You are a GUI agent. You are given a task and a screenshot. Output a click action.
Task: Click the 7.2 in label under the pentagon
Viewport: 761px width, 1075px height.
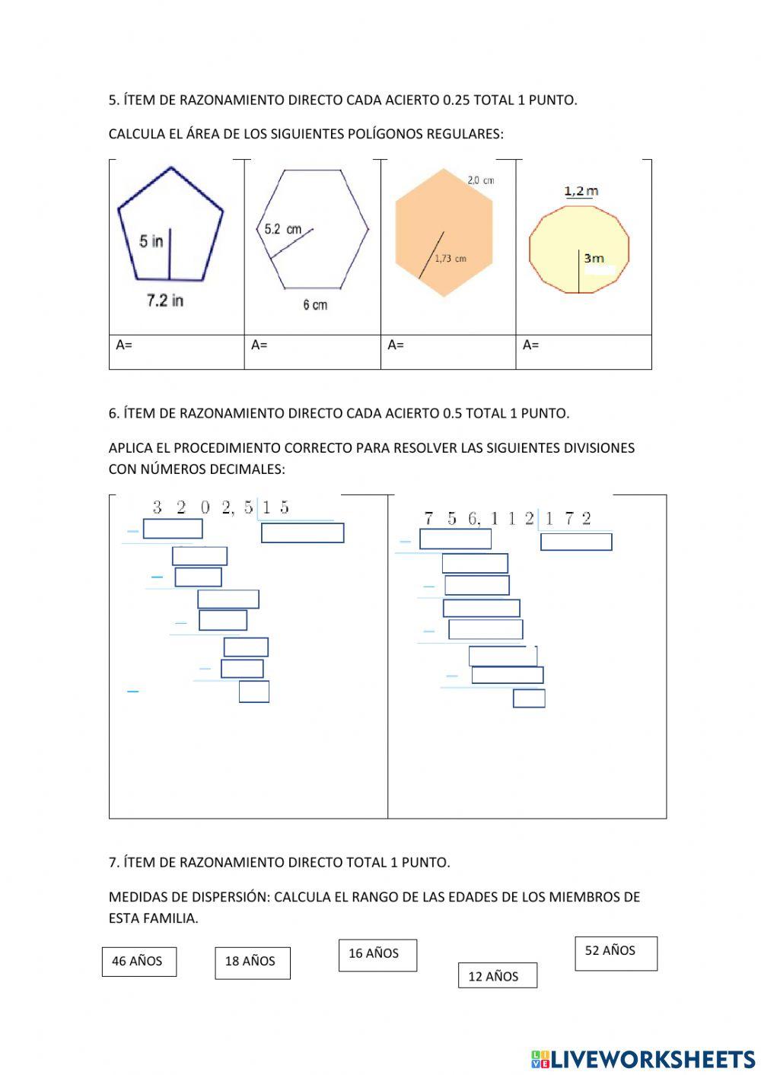tap(165, 301)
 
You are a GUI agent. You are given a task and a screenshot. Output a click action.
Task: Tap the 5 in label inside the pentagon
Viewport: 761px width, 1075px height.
tap(151, 241)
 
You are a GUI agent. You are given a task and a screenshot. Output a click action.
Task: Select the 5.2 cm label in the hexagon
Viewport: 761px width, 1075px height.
tap(282, 229)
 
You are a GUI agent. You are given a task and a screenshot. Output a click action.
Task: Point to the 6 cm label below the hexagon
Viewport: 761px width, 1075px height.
tap(314, 305)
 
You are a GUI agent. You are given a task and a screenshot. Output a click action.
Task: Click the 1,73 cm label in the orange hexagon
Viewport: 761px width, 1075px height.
tap(451, 259)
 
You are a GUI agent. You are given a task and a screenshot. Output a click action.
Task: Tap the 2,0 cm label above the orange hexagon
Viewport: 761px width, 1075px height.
tap(480, 180)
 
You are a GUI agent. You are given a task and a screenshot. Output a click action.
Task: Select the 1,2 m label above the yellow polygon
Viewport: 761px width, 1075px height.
tap(581, 191)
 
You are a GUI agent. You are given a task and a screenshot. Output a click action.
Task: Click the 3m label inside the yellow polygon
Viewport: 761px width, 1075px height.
tap(594, 259)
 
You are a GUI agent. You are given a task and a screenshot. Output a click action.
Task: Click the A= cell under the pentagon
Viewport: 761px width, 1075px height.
tap(177, 351)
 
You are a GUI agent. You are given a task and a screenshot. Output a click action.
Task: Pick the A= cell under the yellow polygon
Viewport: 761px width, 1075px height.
tap(584, 351)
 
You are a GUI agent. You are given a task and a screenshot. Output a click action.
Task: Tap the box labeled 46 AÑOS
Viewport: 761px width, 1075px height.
tap(139, 962)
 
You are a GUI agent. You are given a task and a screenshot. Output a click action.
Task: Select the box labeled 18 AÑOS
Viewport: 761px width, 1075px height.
tap(252, 962)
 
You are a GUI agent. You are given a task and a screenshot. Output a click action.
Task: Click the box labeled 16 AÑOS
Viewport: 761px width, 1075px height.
tap(377, 955)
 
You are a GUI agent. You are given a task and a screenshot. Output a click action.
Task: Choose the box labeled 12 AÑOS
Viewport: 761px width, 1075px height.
tap(497, 976)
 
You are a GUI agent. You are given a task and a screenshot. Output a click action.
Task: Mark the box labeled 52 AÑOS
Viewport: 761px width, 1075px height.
tap(616, 953)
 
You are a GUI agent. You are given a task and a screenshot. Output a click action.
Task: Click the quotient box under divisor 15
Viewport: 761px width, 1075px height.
tap(302, 533)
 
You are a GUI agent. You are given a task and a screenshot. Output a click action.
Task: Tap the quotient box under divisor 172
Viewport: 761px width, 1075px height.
tap(576, 542)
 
